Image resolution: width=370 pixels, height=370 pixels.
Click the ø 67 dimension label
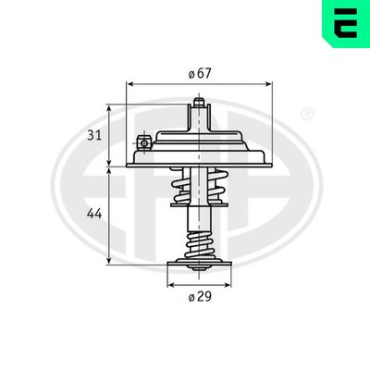coord(200,74)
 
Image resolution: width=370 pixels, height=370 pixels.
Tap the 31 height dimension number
coord(94,135)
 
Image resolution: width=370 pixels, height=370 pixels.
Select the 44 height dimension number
coord(94,214)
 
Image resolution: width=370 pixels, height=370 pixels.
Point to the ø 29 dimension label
coord(200,297)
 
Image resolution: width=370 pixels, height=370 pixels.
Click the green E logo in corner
coord(346,24)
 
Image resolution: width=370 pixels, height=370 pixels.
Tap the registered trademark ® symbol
coord(307,114)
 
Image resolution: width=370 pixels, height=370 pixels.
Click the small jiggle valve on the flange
coord(143,142)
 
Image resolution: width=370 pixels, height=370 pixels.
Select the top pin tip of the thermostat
coord(199,102)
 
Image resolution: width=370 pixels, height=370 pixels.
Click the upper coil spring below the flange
coord(199,186)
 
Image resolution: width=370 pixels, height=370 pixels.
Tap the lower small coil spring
coord(200,246)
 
